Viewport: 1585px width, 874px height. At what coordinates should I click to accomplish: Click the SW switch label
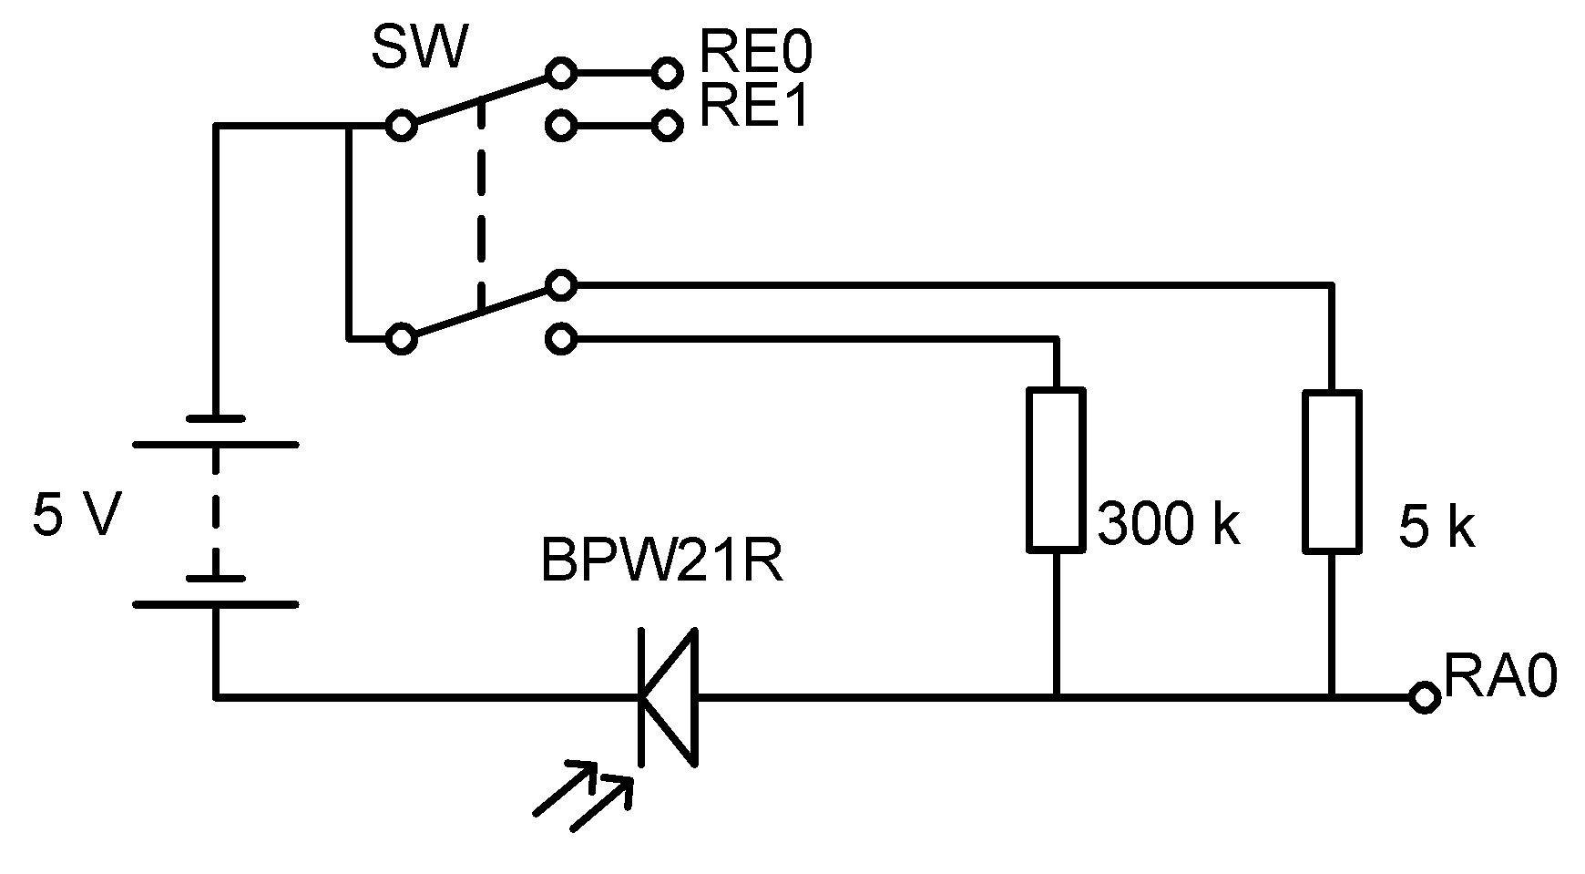[419, 49]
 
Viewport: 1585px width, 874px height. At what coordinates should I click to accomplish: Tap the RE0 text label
[754, 55]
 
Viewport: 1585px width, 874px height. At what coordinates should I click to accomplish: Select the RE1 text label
[754, 108]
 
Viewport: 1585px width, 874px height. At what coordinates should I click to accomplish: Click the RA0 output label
[1500, 678]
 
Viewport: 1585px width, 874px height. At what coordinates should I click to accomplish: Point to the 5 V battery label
[77, 517]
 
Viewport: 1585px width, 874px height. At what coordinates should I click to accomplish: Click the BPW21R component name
[662, 561]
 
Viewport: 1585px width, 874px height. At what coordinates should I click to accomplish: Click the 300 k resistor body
[1056, 470]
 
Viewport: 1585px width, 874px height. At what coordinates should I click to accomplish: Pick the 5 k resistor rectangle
[1332, 472]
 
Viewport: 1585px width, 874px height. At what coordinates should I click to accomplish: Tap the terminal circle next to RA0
[1423, 698]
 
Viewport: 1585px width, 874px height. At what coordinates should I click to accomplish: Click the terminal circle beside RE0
[668, 72]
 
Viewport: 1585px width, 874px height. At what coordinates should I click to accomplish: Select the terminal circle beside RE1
[668, 125]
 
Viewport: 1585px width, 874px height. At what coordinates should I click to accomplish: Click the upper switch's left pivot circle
[400, 125]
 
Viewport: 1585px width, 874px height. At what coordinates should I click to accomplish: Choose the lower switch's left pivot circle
[400, 339]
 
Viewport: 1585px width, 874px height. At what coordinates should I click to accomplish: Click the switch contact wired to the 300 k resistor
[561, 339]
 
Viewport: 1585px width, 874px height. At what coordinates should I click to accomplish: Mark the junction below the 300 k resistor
[1056, 698]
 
